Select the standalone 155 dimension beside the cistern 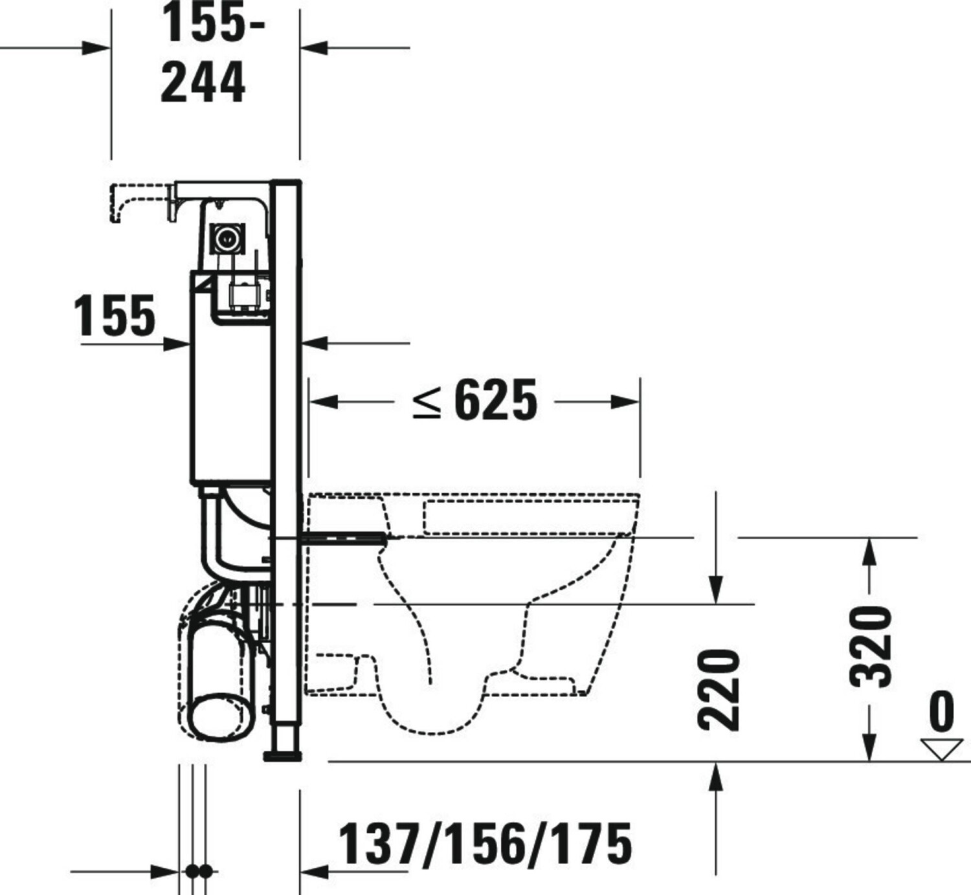point(115,315)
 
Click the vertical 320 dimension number point(871,646)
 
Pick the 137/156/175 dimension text point(484,843)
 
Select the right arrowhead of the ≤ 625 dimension point(625,402)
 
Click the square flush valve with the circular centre point(227,239)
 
